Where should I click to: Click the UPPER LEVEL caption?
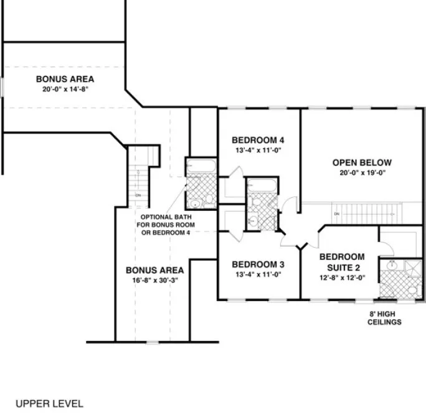[x=49, y=404]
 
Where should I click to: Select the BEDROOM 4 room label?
[x=258, y=139]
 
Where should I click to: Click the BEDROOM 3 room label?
[x=258, y=263]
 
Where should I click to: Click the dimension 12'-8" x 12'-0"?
[x=341, y=278]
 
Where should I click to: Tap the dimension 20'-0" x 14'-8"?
[x=65, y=90]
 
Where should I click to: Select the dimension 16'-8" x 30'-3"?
[x=154, y=281]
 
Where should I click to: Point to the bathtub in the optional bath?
[x=200, y=166]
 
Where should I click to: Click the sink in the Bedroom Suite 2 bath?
[x=392, y=266]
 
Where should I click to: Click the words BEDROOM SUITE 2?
[x=341, y=261]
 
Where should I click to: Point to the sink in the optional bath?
[x=194, y=202]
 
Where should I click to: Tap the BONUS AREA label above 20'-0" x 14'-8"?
[x=65, y=79]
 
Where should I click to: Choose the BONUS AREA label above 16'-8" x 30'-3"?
[x=154, y=271]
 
